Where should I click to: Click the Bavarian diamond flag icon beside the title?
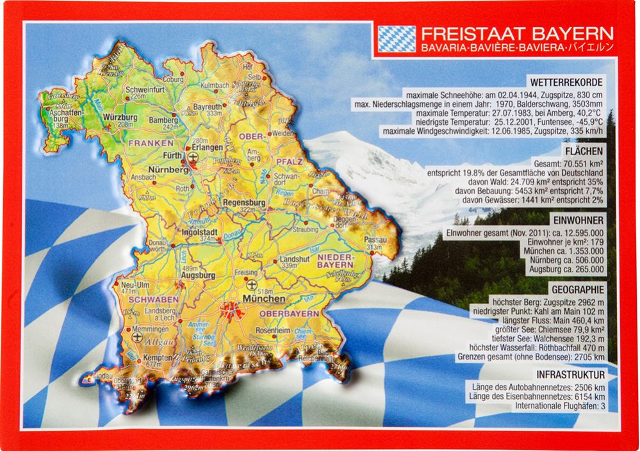click(x=396, y=38)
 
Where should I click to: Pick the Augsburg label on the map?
click(x=198, y=275)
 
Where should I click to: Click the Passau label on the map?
click(x=376, y=239)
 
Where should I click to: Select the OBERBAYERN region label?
click(x=289, y=314)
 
